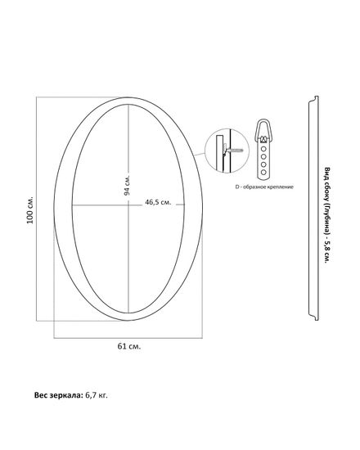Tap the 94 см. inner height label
click(127, 185)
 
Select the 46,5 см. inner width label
click(158, 202)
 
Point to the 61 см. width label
click(129, 346)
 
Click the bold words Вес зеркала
click(59, 395)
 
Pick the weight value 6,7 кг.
click(97, 395)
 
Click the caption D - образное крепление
click(264, 187)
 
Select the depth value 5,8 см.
click(326, 253)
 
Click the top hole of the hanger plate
click(263, 149)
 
